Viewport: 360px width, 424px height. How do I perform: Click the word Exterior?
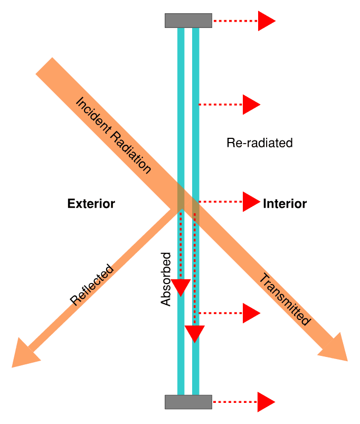pyautogui.click(x=91, y=204)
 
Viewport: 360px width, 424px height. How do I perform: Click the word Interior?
pyautogui.click(x=285, y=204)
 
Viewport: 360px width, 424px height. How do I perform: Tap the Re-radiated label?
pyautogui.click(x=259, y=143)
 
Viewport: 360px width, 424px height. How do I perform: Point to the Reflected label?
pyautogui.click(x=92, y=285)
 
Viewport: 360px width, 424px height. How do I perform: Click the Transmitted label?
pyautogui.click(x=284, y=299)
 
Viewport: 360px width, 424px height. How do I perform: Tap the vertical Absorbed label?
pyautogui.click(x=166, y=280)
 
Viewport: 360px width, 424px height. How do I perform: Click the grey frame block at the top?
pyautogui.click(x=188, y=21)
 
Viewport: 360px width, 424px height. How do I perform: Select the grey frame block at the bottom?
pyautogui.click(x=188, y=402)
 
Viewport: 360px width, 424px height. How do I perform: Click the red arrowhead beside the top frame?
pyautogui.click(x=266, y=21)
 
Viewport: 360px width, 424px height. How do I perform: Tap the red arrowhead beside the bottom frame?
pyautogui.click(x=266, y=402)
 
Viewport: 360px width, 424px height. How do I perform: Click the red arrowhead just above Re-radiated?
pyautogui.click(x=251, y=105)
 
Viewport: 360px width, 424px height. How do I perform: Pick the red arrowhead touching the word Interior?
pyautogui.click(x=251, y=202)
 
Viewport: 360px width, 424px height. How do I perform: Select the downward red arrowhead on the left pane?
pyautogui.click(x=181, y=288)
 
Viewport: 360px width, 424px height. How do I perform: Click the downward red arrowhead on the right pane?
pyautogui.click(x=195, y=334)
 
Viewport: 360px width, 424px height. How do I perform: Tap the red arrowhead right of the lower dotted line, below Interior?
pyautogui.click(x=251, y=313)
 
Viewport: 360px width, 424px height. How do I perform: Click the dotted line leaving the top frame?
pyautogui.click(x=235, y=21)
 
